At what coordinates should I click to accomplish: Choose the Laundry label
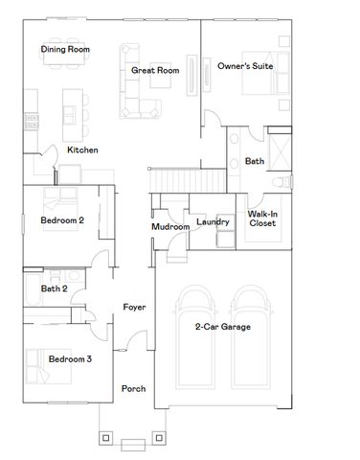[x=212, y=222]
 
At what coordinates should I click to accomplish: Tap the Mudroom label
[x=169, y=227]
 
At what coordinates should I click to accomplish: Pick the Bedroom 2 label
[x=62, y=220]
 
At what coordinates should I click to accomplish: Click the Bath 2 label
[x=54, y=288]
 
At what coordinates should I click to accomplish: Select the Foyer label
[x=134, y=308]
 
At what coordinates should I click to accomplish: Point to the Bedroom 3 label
[x=69, y=359]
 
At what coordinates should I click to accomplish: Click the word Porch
[x=134, y=388]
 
